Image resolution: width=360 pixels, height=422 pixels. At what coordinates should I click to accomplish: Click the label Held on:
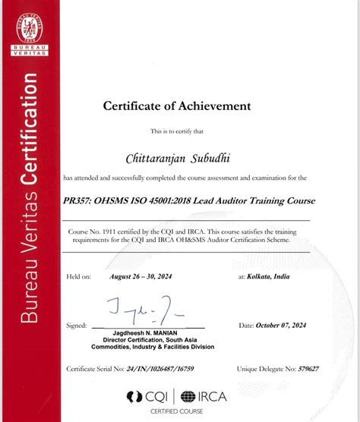[x=79, y=278]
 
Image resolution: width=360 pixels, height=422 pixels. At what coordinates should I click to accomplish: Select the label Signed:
[x=77, y=326]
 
